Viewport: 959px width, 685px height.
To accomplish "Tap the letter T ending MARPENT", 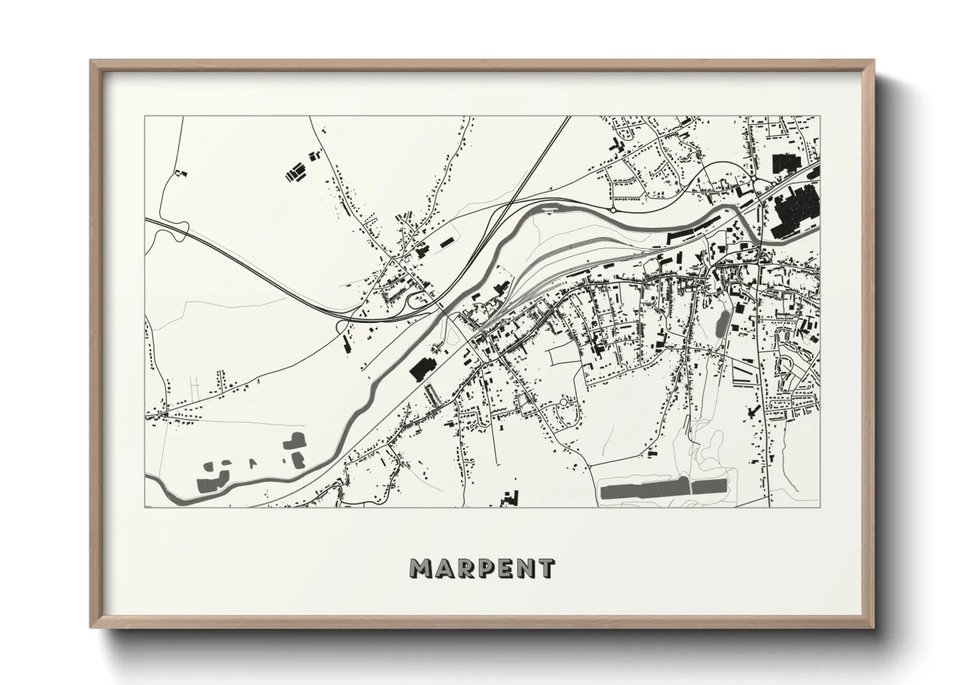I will coord(546,568).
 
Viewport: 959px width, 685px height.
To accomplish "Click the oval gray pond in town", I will coord(721,322).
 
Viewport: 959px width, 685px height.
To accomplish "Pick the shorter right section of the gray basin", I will coord(710,487).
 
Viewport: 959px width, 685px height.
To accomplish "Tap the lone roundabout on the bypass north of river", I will coord(613,210).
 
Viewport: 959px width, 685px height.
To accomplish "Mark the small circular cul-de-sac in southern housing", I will coord(562,403).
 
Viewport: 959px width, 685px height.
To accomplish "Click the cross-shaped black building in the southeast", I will coord(752,411).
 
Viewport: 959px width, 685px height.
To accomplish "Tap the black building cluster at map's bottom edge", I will coord(511,497).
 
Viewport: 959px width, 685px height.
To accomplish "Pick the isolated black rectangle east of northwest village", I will coord(446,242).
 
